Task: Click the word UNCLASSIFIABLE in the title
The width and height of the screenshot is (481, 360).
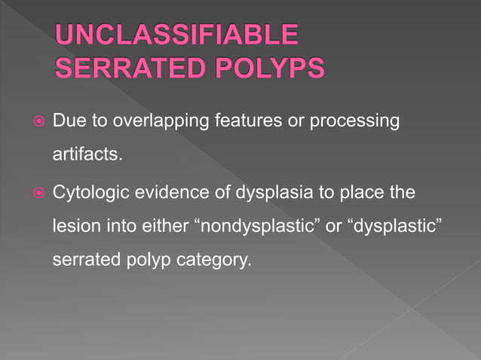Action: tap(177, 35)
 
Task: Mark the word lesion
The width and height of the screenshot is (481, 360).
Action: tap(74, 228)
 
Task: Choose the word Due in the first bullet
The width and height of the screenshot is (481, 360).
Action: tap(66, 121)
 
